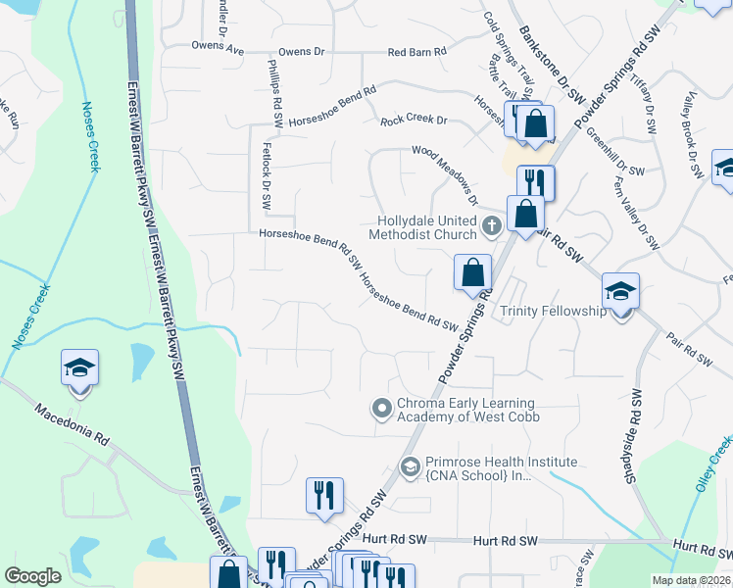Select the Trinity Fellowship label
click(x=554, y=311)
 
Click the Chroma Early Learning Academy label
click(x=466, y=410)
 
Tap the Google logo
click(x=32, y=576)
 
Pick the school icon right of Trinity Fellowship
click(x=620, y=293)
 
